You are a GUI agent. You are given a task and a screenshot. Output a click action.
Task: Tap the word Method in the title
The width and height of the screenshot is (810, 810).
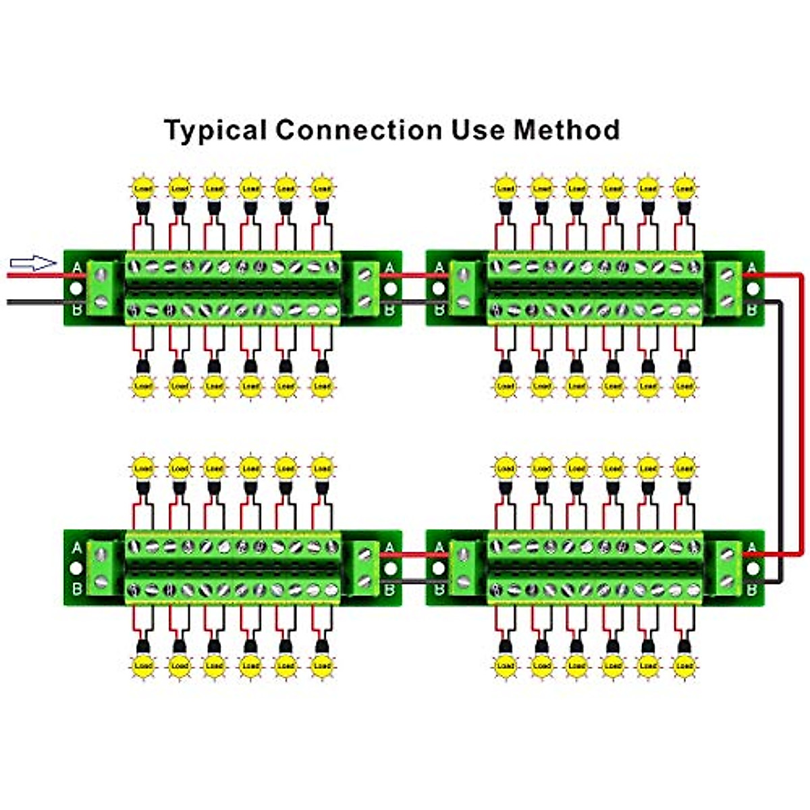(x=567, y=129)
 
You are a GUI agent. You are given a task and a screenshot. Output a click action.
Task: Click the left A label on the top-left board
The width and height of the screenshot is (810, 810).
(x=76, y=269)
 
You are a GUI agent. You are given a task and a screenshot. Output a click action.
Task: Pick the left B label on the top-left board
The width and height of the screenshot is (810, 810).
(x=76, y=310)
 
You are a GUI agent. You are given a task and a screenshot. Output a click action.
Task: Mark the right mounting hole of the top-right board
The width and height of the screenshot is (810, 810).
(x=753, y=289)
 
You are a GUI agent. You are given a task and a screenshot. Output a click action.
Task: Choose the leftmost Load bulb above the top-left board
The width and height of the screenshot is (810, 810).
(x=143, y=187)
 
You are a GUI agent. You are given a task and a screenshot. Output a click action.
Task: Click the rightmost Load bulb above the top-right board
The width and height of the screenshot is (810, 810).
(x=684, y=187)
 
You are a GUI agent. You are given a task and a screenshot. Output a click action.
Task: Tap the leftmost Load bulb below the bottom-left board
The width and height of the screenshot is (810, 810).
(x=143, y=666)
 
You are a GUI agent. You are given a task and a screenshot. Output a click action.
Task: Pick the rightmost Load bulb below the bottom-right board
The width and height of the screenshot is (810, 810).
(x=684, y=666)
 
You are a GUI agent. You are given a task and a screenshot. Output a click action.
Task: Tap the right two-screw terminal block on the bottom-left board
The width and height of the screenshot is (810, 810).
(x=365, y=568)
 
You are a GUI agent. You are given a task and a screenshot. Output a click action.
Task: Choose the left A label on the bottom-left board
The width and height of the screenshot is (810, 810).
(x=76, y=547)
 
